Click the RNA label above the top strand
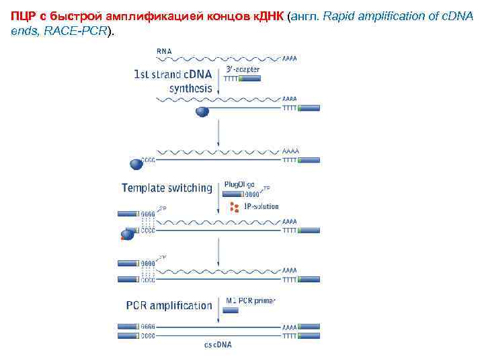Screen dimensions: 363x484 click(x=163, y=51)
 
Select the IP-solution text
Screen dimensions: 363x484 click(x=261, y=206)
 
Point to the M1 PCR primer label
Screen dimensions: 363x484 click(x=251, y=300)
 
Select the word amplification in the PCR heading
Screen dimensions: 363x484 click(x=181, y=305)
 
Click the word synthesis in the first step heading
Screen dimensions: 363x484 click(x=191, y=88)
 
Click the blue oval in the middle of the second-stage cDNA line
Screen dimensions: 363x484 click(x=202, y=112)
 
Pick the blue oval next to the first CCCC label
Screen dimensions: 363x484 click(x=136, y=163)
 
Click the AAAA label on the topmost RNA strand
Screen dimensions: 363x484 click(x=290, y=59)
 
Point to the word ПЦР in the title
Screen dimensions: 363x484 click(x=23, y=16)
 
